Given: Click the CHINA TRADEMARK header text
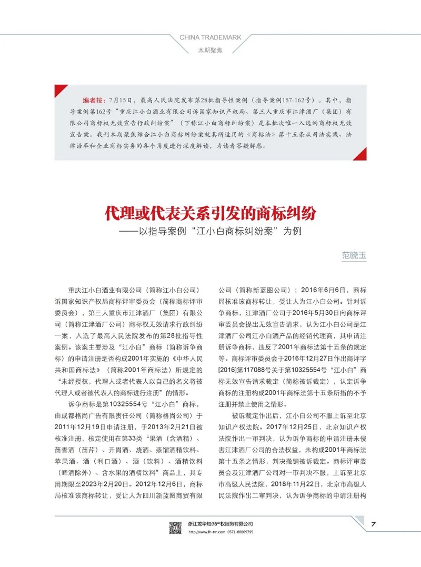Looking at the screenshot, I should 210,37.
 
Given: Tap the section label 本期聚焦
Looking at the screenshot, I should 210,51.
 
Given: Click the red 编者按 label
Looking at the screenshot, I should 93,100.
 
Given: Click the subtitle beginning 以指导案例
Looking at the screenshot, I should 216,232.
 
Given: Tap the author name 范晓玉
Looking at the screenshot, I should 354,255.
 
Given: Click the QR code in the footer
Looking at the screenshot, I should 175,527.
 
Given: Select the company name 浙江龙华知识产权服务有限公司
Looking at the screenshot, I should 220,523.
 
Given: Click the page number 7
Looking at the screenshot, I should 373,524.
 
